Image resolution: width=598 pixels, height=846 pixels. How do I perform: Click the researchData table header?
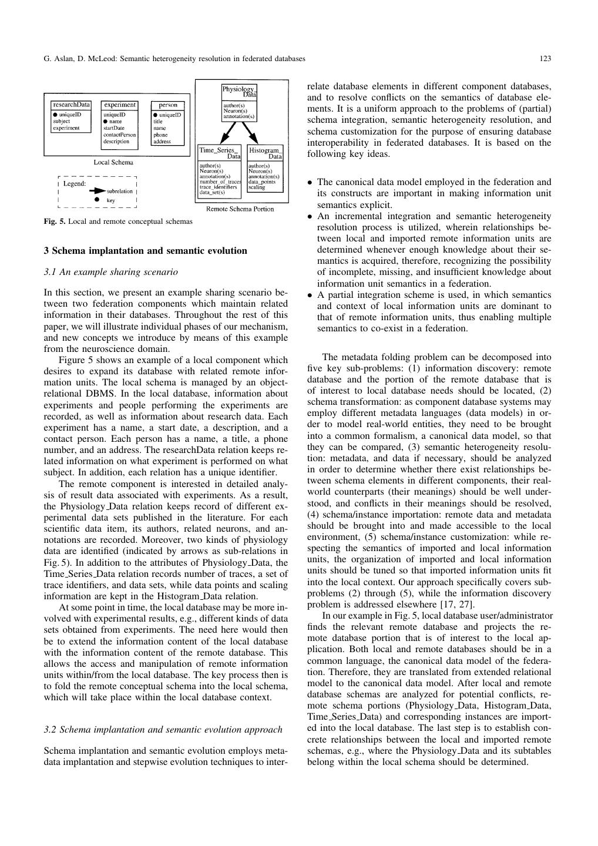click(71, 105)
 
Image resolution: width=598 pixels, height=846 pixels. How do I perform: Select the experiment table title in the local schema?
click(120, 105)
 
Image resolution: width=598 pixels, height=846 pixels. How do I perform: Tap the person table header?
click(168, 105)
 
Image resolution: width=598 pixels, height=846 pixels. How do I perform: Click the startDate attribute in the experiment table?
click(114, 128)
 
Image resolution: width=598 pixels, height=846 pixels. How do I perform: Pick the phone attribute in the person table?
click(160, 135)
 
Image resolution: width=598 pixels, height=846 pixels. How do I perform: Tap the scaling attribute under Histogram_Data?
click(257, 187)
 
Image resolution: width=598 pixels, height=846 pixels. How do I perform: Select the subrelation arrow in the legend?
click(97, 191)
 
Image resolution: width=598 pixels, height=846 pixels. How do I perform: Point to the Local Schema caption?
click(113, 162)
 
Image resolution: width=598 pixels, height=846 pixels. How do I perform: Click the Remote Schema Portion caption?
click(240, 209)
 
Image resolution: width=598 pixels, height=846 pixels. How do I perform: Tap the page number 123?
click(545, 59)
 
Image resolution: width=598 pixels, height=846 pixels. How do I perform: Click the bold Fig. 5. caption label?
click(55, 221)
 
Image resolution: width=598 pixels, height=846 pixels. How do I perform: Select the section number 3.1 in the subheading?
click(51, 272)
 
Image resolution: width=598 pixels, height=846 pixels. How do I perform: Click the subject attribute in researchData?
click(61, 122)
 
